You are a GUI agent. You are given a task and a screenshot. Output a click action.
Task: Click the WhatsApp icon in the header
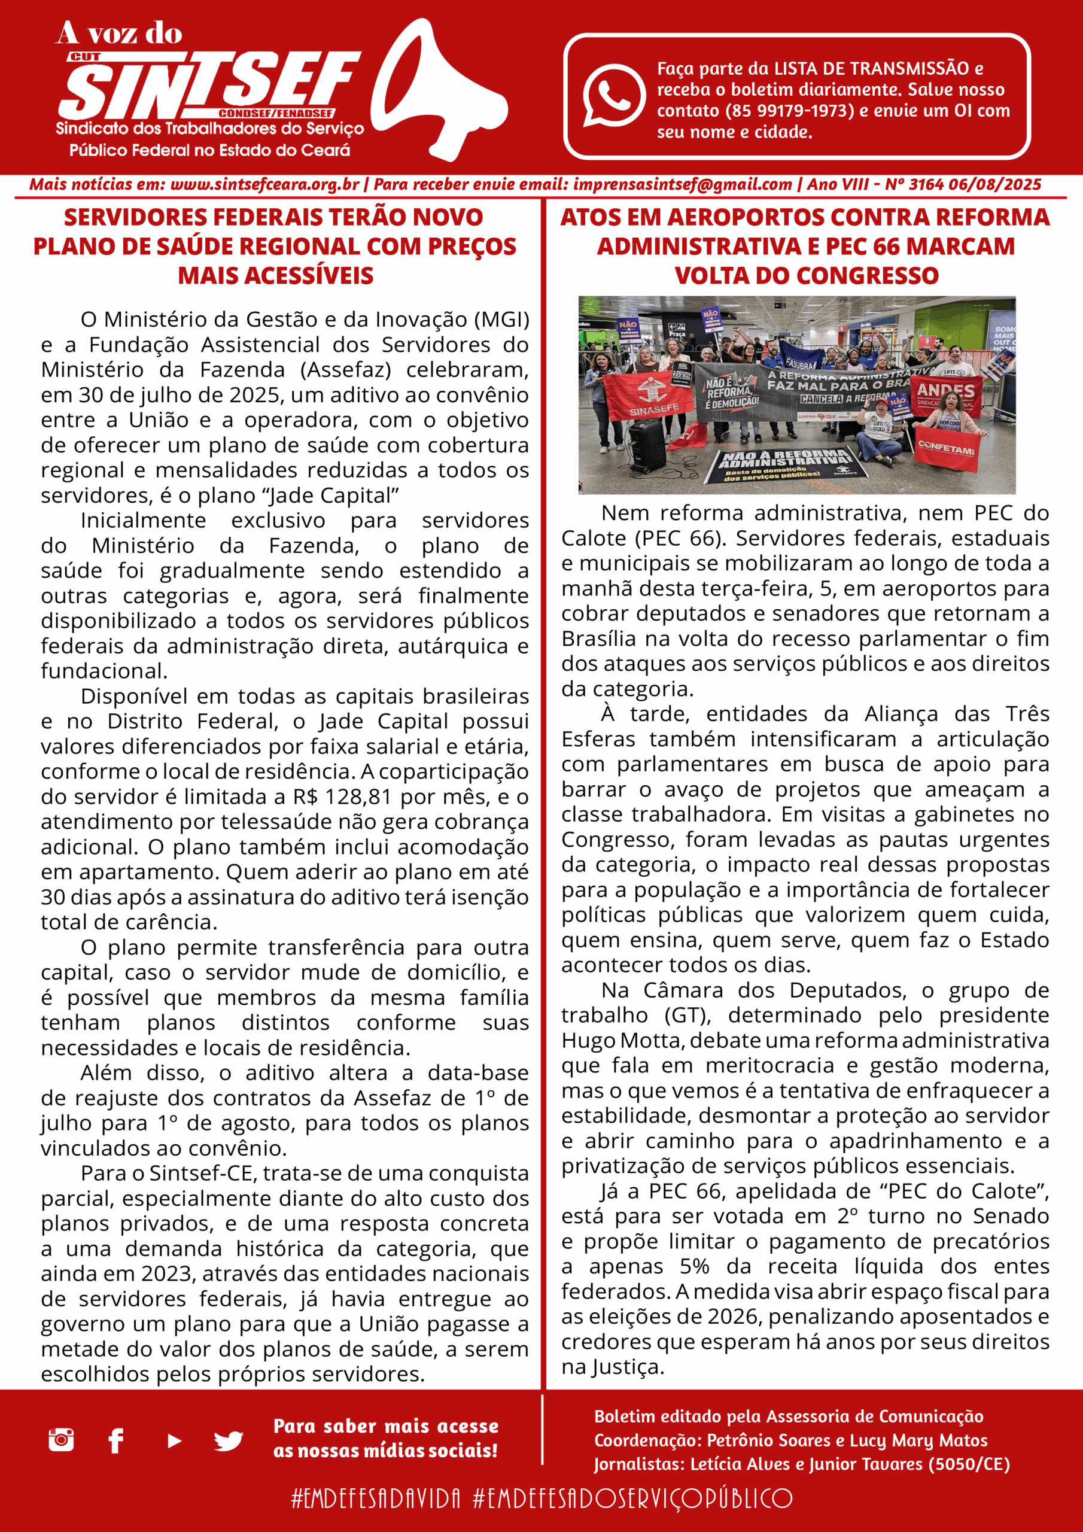tap(613, 95)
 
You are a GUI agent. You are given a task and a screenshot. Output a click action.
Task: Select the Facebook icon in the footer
tap(116, 1440)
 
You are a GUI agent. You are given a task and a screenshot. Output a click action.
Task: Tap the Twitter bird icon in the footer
tap(228, 1441)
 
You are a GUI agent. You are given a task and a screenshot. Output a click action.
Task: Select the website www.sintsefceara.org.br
tap(265, 185)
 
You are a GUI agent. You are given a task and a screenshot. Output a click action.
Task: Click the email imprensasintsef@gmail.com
tap(682, 185)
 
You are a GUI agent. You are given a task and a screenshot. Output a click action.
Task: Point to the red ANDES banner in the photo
tap(946, 394)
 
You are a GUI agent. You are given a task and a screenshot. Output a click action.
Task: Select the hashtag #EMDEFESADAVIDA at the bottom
tap(376, 1498)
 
